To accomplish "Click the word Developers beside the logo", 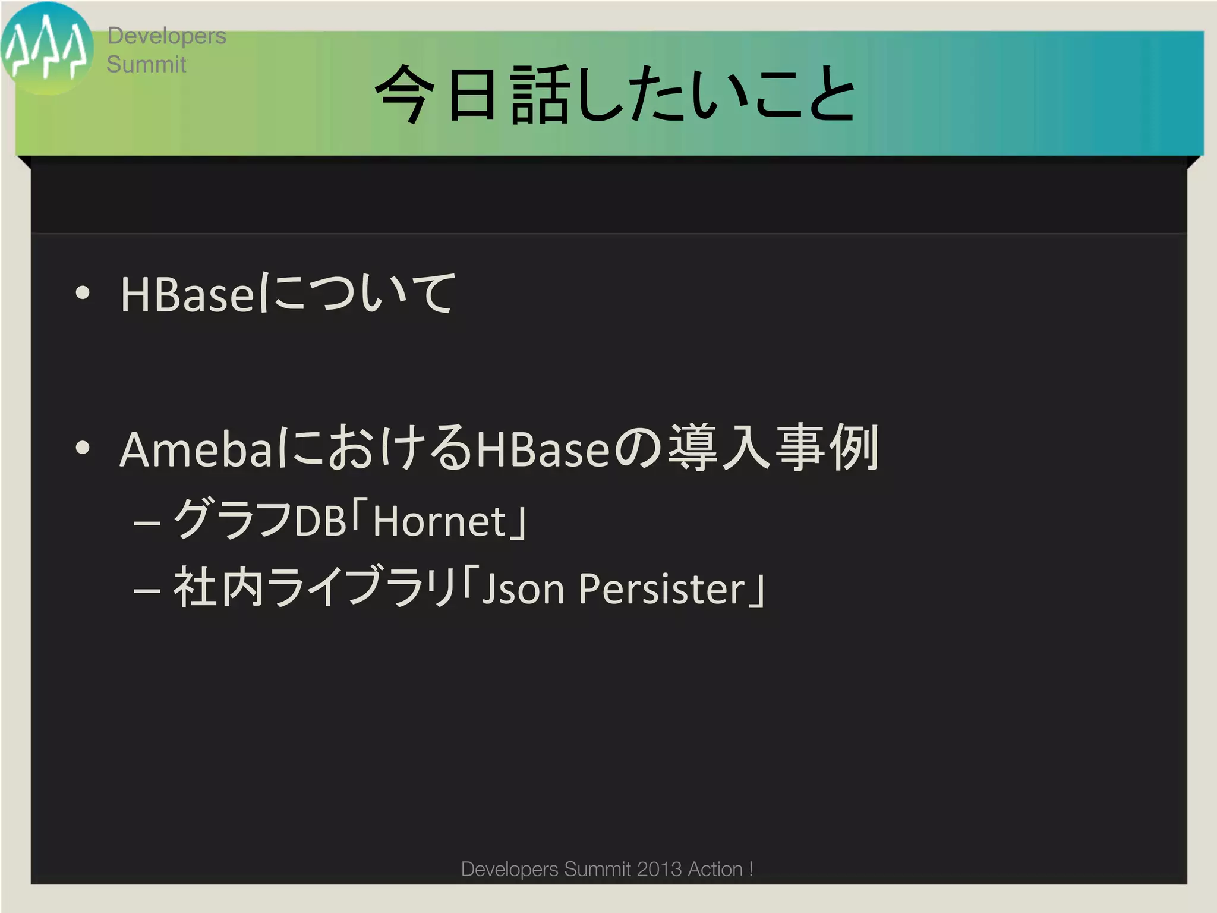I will tap(166, 36).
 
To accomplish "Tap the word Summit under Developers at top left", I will tap(146, 64).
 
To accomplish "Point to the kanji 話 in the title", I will tap(540, 94).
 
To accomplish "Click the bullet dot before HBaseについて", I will tap(83, 292).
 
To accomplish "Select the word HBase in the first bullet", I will tap(188, 295).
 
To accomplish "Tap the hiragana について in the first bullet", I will tap(357, 294).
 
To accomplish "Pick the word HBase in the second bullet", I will tap(543, 449).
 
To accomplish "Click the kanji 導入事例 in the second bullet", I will tap(773, 448).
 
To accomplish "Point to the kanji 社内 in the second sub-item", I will tap(218, 588).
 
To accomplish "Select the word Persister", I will tap(661, 589).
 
